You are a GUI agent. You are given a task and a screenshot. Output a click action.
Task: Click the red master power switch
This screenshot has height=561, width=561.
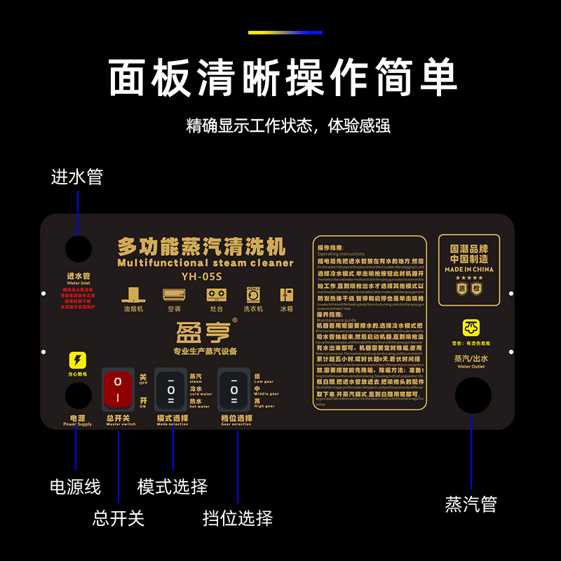[118, 390]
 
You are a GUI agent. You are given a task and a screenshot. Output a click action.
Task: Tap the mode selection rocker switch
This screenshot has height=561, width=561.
[171, 390]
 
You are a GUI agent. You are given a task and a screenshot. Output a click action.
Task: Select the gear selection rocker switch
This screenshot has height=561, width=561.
[234, 390]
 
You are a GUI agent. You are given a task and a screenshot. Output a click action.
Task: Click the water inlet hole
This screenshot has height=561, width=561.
[79, 249]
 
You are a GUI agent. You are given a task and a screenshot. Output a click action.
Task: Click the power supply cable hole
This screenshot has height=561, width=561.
[79, 395]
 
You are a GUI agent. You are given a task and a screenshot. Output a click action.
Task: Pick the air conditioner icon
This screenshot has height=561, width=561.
[174, 295]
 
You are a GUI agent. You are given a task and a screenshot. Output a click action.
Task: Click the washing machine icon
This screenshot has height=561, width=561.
[253, 295]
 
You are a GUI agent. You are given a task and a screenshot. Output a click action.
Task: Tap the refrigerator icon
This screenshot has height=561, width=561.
[287, 295]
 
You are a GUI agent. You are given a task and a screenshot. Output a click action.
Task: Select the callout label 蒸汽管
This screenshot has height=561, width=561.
[471, 503]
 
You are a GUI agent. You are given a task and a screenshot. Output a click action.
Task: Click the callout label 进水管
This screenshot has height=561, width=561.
[77, 177]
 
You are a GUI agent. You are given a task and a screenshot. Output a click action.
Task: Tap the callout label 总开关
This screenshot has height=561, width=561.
[119, 518]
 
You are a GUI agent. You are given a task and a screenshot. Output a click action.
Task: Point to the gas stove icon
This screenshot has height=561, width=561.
[213, 295]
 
